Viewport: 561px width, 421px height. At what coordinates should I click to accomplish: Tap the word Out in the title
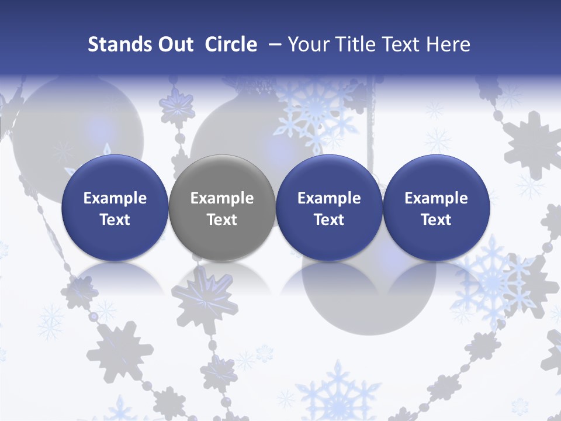tap(174, 44)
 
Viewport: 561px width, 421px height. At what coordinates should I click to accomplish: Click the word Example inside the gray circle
tap(222, 198)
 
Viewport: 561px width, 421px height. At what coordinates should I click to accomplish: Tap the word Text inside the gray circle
tap(222, 220)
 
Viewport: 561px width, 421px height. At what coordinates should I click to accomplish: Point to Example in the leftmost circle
tap(115, 198)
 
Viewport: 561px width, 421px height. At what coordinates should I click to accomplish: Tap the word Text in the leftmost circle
tap(115, 220)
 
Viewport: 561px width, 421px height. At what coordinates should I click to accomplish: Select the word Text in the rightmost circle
tap(436, 220)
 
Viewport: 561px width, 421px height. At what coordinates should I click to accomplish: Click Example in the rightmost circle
tap(436, 198)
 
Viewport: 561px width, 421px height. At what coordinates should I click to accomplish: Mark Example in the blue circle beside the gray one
tap(329, 198)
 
